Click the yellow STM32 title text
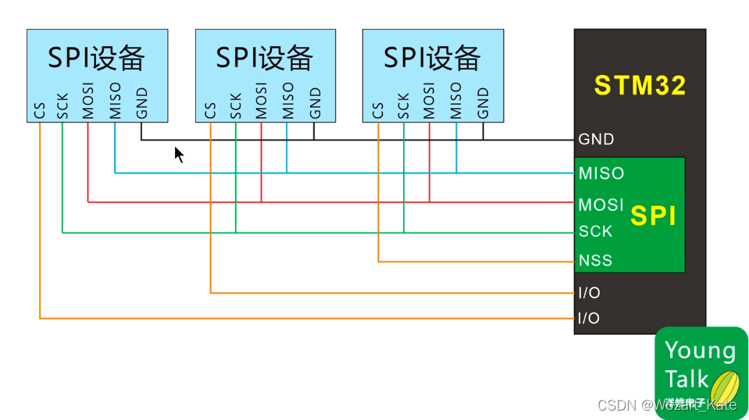pyautogui.click(x=640, y=85)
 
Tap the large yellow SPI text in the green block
pyautogui.click(x=652, y=216)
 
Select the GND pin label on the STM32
pyautogui.click(x=596, y=140)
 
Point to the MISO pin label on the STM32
pyautogui.click(x=601, y=173)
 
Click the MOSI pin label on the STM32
pyautogui.click(x=601, y=205)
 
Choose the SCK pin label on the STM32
pyautogui.click(x=595, y=232)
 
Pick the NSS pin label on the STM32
pyautogui.click(x=595, y=261)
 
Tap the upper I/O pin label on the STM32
pyautogui.click(x=589, y=293)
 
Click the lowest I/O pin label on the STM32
pyautogui.click(x=589, y=319)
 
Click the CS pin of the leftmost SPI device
pyautogui.click(x=40, y=110)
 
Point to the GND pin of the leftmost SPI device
pyautogui.click(x=141, y=102)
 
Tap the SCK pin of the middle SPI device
pyautogui.click(x=236, y=105)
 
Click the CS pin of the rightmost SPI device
pyautogui.click(x=379, y=110)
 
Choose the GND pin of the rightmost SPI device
pyautogui.click(x=483, y=102)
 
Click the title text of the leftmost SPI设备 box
pyautogui.click(x=97, y=58)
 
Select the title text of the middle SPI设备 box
pyautogui.click(x=265, y=58)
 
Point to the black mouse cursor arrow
pyautogui.click(x=179, y=155)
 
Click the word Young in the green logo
pyautogui.click(x=700, y=351)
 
